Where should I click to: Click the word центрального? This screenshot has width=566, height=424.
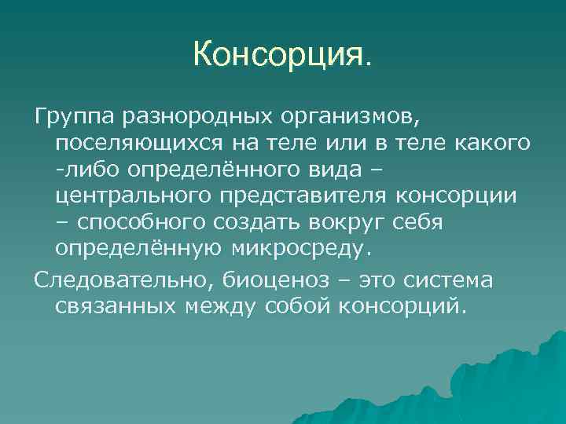click(x=141, y=196)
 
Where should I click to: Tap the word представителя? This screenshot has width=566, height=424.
click(x=314, y=196)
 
